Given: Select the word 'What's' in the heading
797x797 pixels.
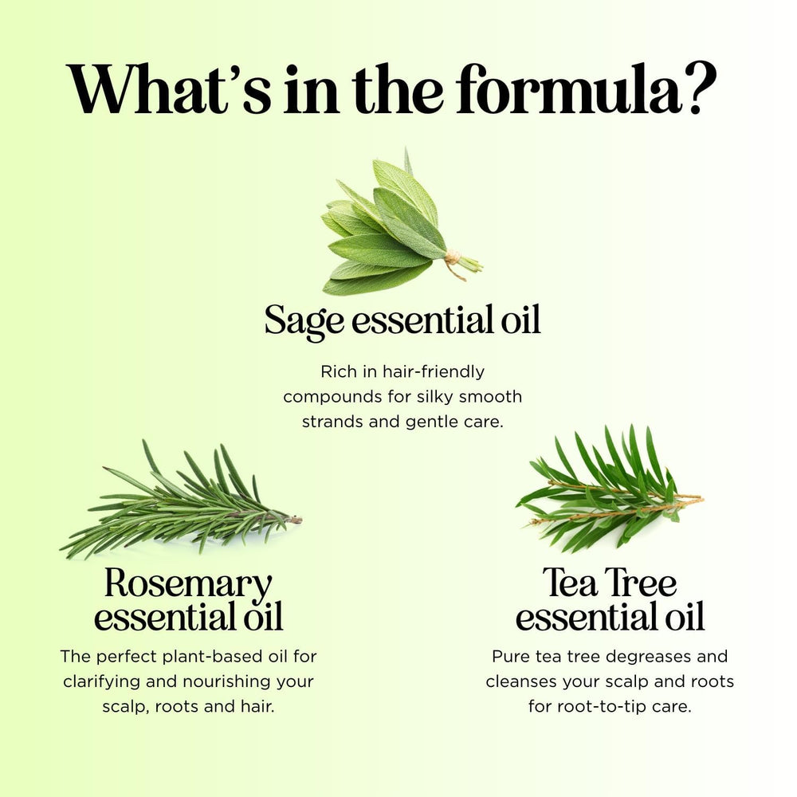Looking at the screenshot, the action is (168, 89).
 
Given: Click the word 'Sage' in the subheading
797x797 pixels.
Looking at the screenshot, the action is (304, 320).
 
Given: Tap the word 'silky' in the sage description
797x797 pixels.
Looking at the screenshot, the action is (437, 396).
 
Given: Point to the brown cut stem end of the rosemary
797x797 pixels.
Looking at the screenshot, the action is (293, 519).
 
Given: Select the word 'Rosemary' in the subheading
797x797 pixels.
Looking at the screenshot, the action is (188, 583).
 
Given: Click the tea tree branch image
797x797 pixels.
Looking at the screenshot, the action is (610, 489).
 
